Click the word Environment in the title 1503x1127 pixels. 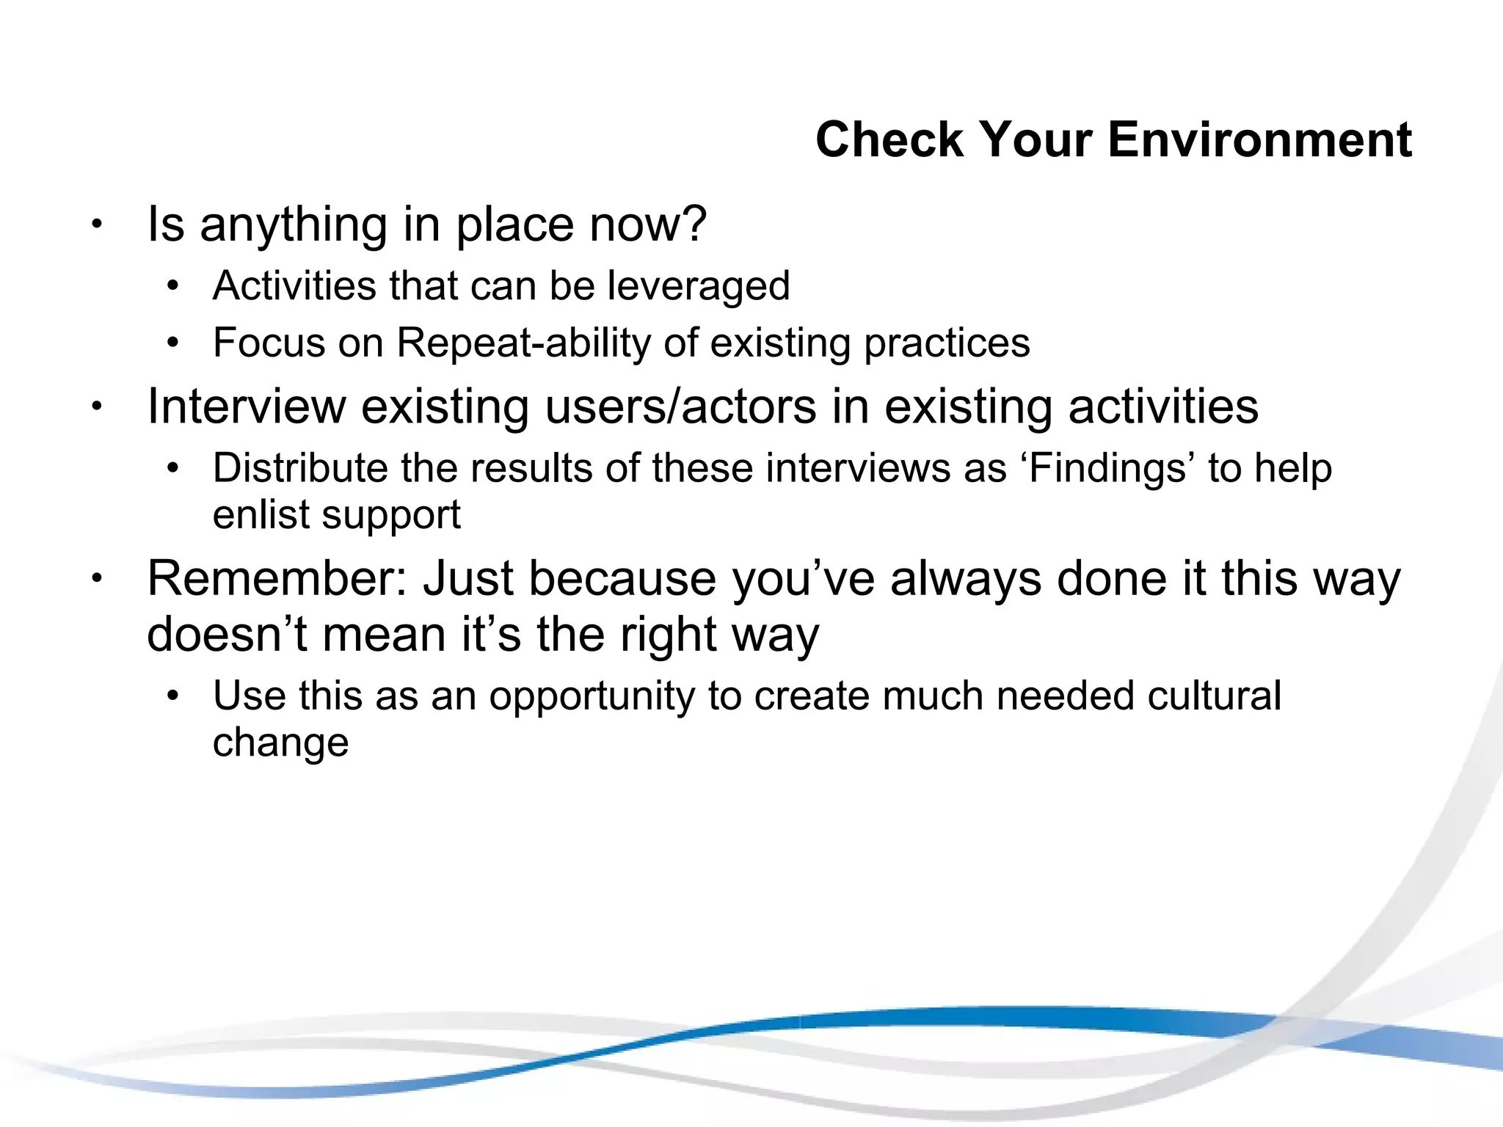(x=1259, y=139)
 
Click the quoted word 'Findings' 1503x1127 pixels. (x=1108, y=469)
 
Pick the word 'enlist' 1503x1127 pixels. (x=261, y=514)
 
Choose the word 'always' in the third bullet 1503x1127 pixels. (x=966, y=580)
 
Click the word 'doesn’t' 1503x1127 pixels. (x=227, y=634)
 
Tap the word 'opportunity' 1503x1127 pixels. (x=592, y=697)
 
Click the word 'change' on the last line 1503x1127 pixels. (x=280, y=743)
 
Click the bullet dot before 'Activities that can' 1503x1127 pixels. (x=172, y=286)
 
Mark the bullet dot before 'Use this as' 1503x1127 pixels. (x=172, y=696)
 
